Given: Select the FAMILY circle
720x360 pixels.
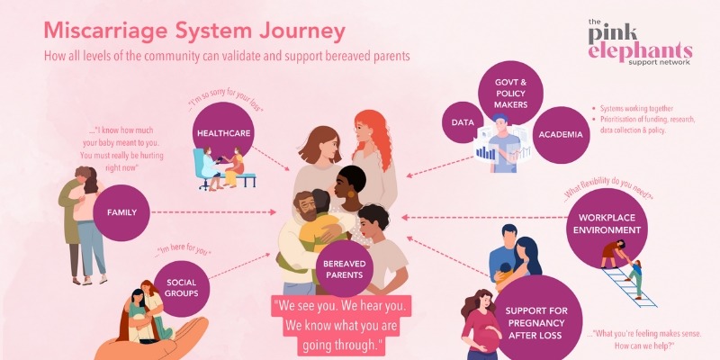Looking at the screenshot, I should (x=121, y=213).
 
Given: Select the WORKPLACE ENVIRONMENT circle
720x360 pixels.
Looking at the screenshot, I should (x=610, y=224).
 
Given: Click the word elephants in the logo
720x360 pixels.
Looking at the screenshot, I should (x=639, y=50).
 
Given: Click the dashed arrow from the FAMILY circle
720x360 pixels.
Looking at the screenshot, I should (x=211, y=213).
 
